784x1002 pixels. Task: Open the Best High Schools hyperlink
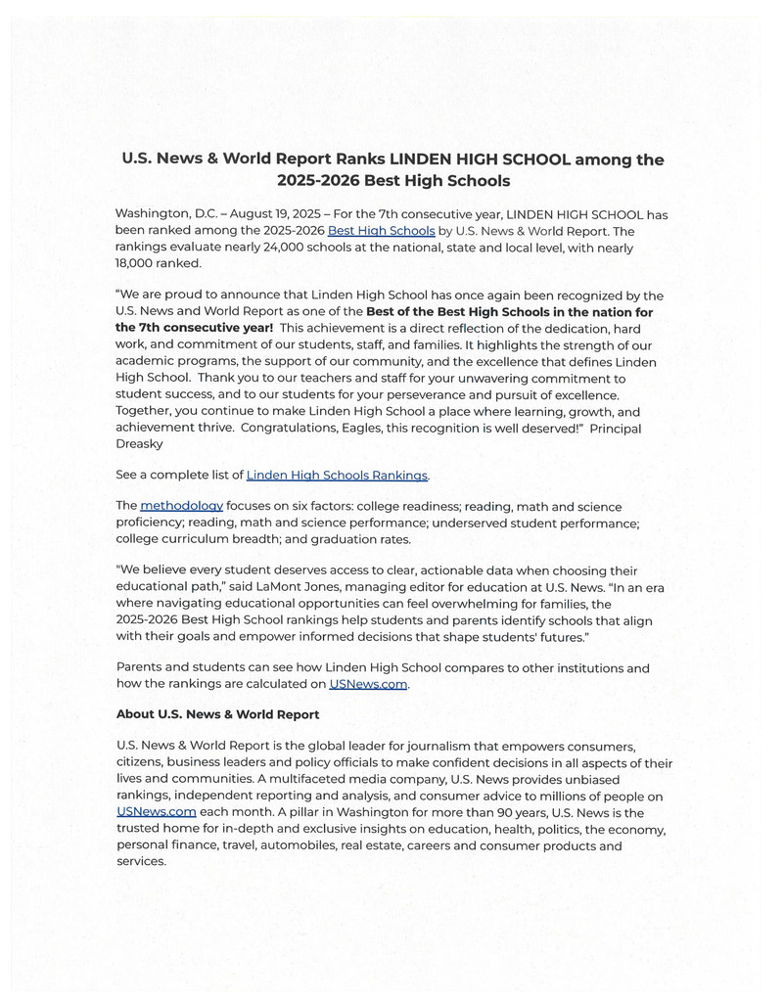point(381,231)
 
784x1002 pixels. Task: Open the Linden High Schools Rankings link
point(337,476)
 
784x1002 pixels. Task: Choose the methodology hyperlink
point(181,506)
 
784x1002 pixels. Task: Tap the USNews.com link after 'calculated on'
point(368,684)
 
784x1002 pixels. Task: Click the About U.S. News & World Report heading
point(217,714)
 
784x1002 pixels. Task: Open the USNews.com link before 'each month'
point(157,812)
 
